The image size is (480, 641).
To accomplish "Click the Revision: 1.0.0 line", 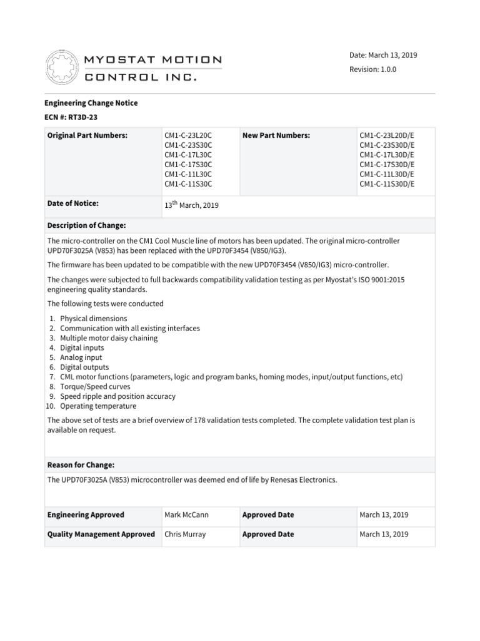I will point(372,69).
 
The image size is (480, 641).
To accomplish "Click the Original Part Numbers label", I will point(87,135).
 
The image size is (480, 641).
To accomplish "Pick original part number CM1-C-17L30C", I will point(188,155).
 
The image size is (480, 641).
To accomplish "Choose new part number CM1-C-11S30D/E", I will point(387,184).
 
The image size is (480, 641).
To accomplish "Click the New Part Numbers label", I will point(276,135).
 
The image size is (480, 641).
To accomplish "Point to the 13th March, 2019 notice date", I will point(191,205).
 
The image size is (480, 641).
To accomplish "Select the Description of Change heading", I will point(87,225).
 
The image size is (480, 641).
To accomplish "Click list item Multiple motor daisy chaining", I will point(109,338).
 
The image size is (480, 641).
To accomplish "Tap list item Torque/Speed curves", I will point(95,387).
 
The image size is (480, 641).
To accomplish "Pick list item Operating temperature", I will point(98,406).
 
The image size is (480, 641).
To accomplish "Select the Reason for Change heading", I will point(81,464).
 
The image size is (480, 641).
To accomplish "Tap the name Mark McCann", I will point(186,515).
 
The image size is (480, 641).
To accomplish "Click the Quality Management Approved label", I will point(101,535).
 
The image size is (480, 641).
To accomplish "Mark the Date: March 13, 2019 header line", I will point(383,55).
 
